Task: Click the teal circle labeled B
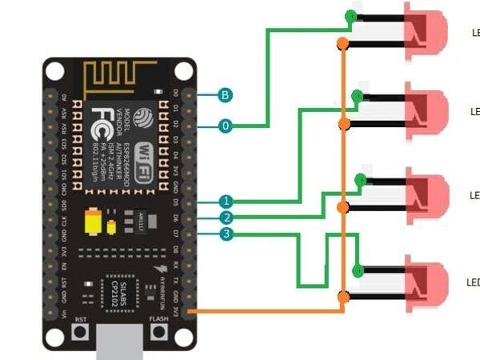point(226,95)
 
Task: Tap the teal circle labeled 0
point(226,126)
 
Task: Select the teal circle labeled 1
point(227,202)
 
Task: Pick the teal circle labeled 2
point(227,218)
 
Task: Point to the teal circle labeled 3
point(227,234)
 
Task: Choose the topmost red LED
point(426,31)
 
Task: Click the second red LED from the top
point(426,109)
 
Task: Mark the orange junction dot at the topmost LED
point(342,42)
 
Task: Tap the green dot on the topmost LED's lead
point(350,16)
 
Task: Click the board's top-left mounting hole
point(54,71)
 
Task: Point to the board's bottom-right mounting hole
point(183,337)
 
